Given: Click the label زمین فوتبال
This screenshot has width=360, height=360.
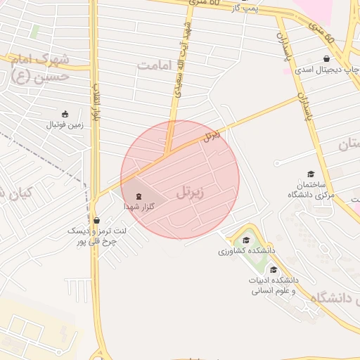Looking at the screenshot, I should pos(65,125).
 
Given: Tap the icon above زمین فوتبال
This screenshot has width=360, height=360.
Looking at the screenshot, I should pos(65,114).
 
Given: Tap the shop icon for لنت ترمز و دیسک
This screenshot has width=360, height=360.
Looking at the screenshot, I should pos(96,220).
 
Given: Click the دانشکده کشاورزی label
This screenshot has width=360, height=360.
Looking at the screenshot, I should pos(245,250).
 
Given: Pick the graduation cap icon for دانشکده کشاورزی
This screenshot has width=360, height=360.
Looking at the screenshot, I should pos(245,240).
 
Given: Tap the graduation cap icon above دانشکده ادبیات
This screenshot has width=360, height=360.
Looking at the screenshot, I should pos(273,270).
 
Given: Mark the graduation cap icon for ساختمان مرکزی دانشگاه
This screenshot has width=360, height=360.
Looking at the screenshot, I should pos(310,174).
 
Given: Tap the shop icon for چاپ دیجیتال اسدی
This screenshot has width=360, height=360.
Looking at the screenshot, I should pos(326,59).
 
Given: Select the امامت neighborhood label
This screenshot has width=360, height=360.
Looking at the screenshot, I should pos(155,65).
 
